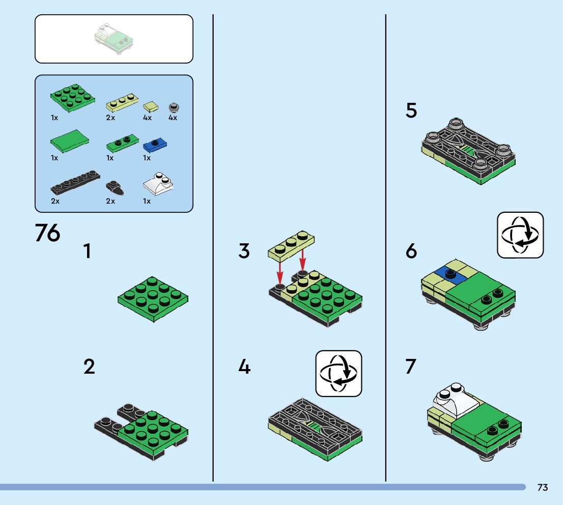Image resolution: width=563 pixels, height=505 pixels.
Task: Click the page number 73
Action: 542,488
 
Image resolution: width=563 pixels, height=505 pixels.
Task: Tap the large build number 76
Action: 47,233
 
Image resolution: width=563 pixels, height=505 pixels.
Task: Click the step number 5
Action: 411,111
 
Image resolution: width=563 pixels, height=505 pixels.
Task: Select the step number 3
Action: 244,251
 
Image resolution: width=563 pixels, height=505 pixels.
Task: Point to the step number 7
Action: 411,367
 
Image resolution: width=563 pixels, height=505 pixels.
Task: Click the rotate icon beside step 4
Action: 339,373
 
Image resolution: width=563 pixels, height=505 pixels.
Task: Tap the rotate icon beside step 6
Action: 520,235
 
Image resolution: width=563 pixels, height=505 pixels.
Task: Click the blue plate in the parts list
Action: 155,145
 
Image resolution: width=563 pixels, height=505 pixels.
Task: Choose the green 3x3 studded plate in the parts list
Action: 72,98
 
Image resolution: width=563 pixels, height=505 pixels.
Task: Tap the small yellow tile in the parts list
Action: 151,107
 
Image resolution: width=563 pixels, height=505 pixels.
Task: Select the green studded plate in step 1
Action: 153,298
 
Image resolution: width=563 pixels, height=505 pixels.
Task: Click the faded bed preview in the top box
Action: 114,40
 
